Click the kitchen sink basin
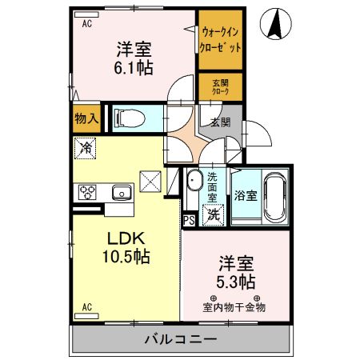(x=122, y=191)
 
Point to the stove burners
(x=86, y=192)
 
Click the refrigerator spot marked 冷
(x=86, y=149)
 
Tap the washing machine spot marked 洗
(x=212, y=214)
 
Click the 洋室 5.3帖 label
(x=234, y=273)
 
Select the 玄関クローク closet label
(x=220, y=86)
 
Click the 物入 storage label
(x=87, y=119)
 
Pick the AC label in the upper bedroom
(x=86, y=23)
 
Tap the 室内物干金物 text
(x=234, y=306)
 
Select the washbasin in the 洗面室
(x=194, y=182)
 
